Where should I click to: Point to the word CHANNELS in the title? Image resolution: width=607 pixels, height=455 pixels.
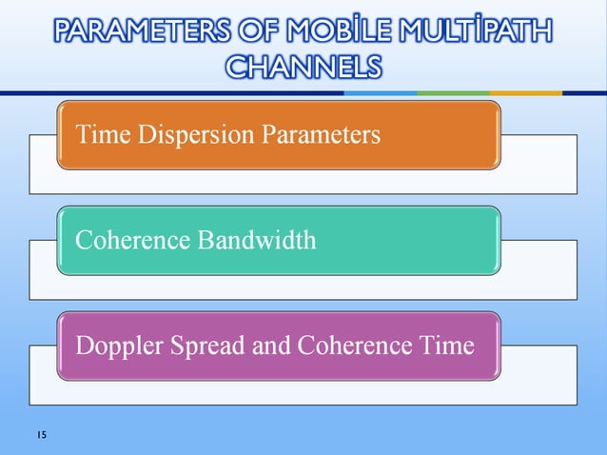303,68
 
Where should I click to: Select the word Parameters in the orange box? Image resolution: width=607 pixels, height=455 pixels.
323,134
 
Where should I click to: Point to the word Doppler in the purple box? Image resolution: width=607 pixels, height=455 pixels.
116,345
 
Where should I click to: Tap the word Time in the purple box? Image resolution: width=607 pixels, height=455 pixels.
443,345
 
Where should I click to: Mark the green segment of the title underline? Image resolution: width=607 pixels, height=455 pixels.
453,93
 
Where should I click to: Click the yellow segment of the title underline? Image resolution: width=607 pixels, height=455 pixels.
525,93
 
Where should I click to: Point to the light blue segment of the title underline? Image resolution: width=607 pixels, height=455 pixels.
381,93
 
